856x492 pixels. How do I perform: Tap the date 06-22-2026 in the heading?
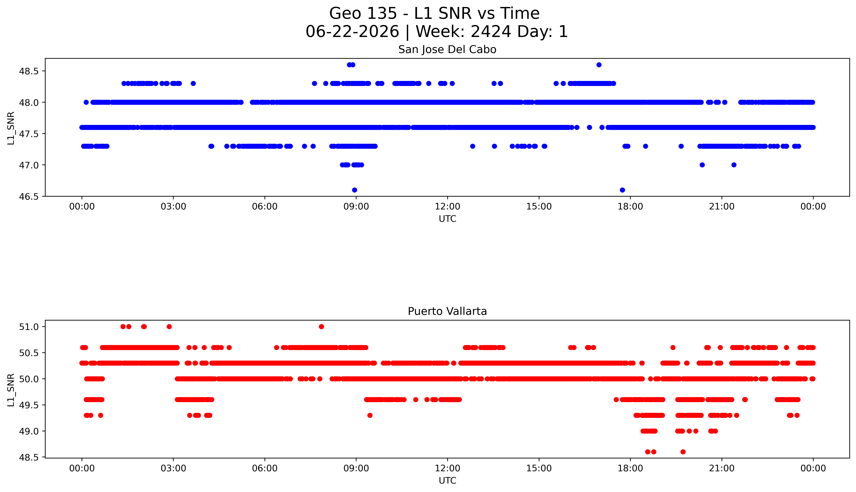[352, 32]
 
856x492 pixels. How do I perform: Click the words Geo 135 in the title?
[363, 13]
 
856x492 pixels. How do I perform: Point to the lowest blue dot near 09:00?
[354, 190]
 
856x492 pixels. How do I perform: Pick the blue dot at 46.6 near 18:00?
[622, 190]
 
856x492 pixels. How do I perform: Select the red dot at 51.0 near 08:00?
[321, 326]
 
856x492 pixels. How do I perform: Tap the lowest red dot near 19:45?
[683, 452]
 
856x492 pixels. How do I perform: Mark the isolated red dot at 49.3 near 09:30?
[370, 415]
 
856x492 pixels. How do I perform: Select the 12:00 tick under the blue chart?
[447, 207]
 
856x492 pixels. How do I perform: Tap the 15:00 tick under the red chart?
[539, 468]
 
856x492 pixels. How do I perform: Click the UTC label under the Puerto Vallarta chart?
[447, 480]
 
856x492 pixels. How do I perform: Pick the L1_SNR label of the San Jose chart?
[11, 128]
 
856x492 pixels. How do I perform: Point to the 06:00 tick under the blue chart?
[265, 207]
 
